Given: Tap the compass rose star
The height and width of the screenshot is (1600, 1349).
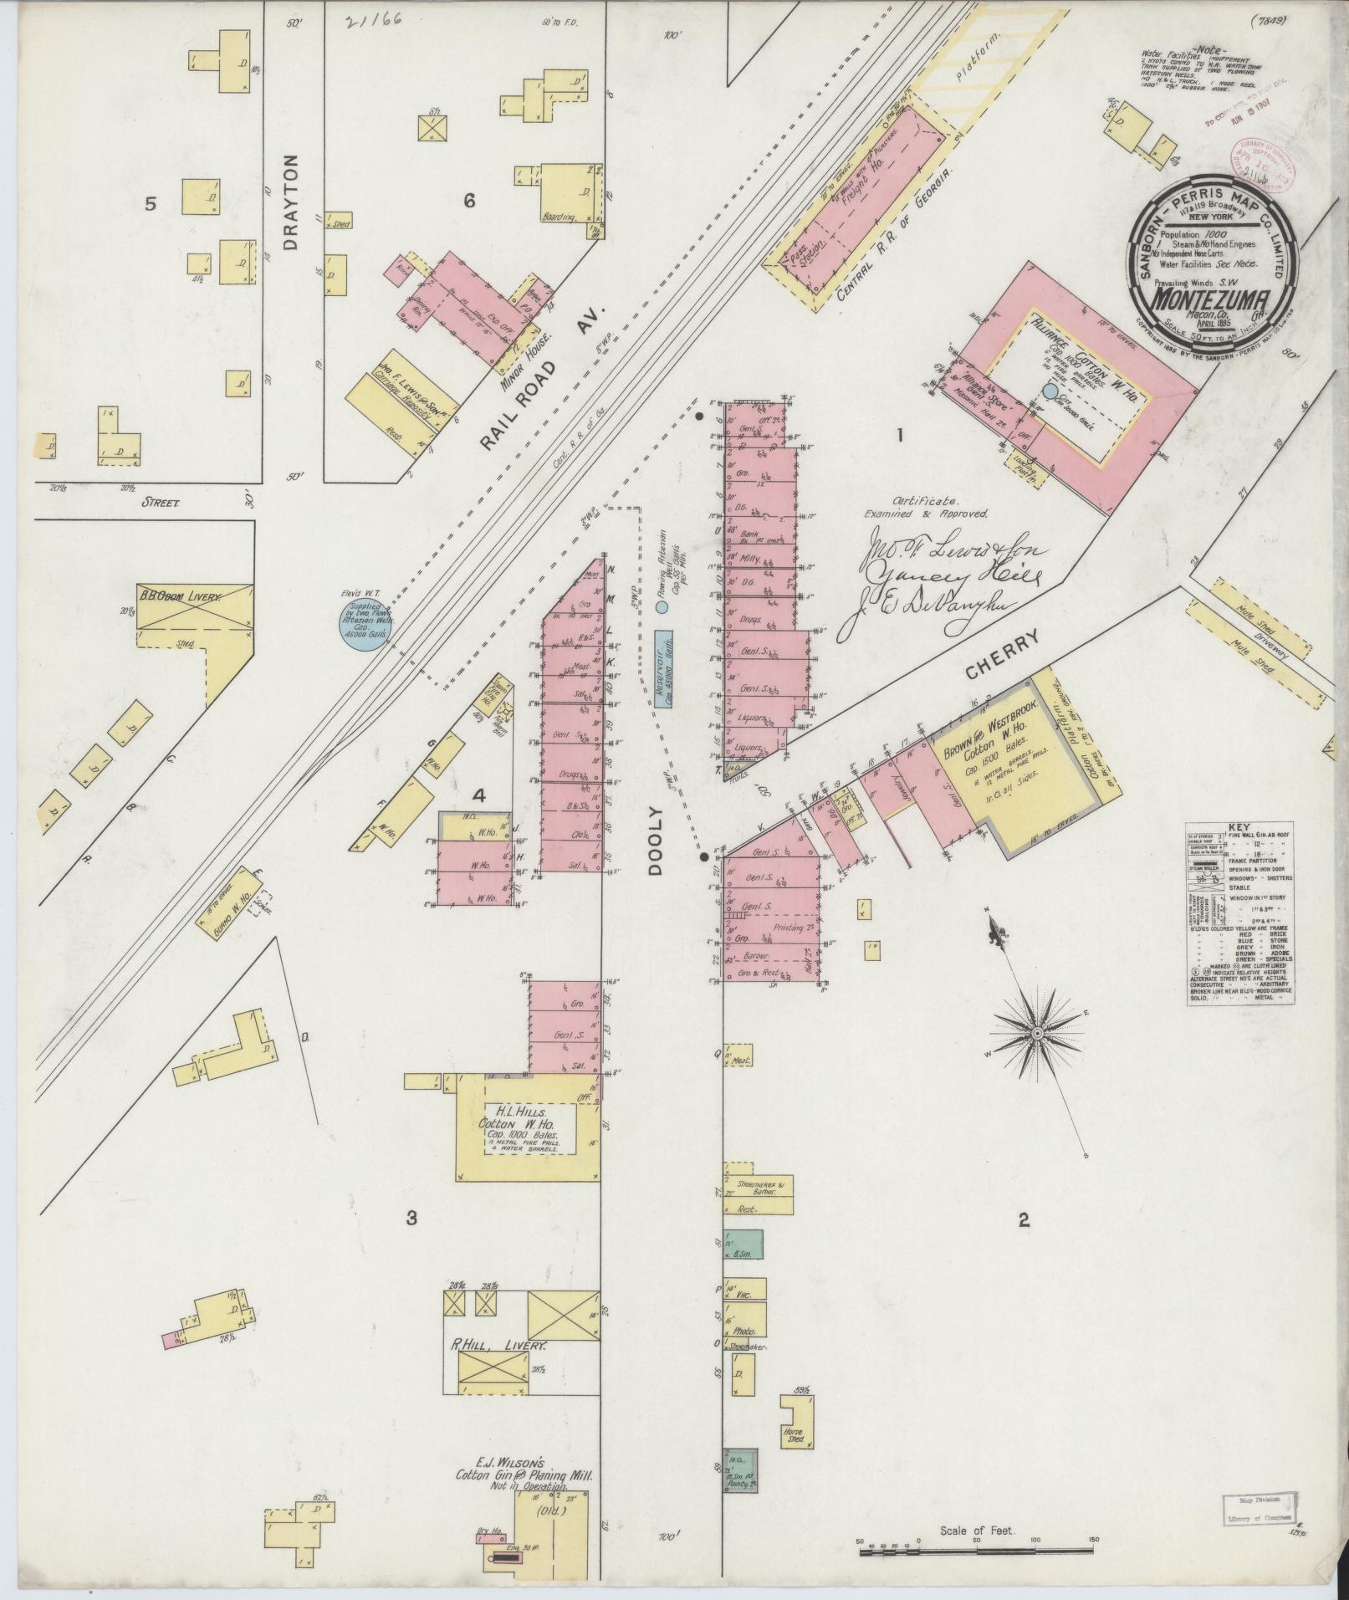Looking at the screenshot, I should click(1036, 1035).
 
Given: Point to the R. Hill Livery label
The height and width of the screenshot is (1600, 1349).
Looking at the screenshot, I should click(499, 1347).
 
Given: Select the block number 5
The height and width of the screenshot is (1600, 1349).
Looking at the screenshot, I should click(151, 203).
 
